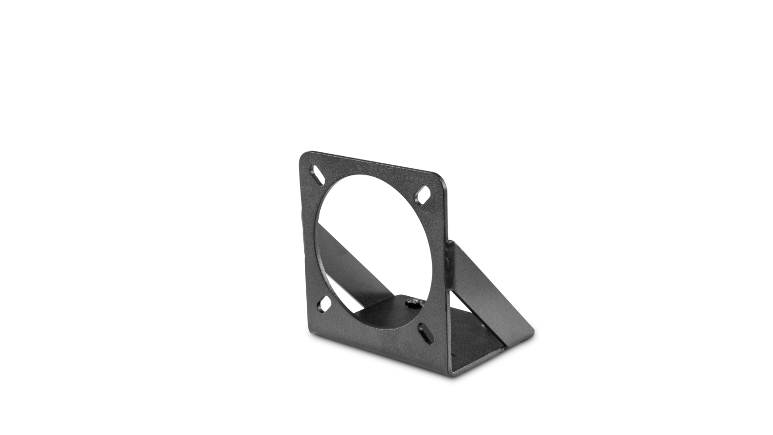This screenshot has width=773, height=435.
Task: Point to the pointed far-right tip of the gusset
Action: pyautogui.click(x=533, y=331)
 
